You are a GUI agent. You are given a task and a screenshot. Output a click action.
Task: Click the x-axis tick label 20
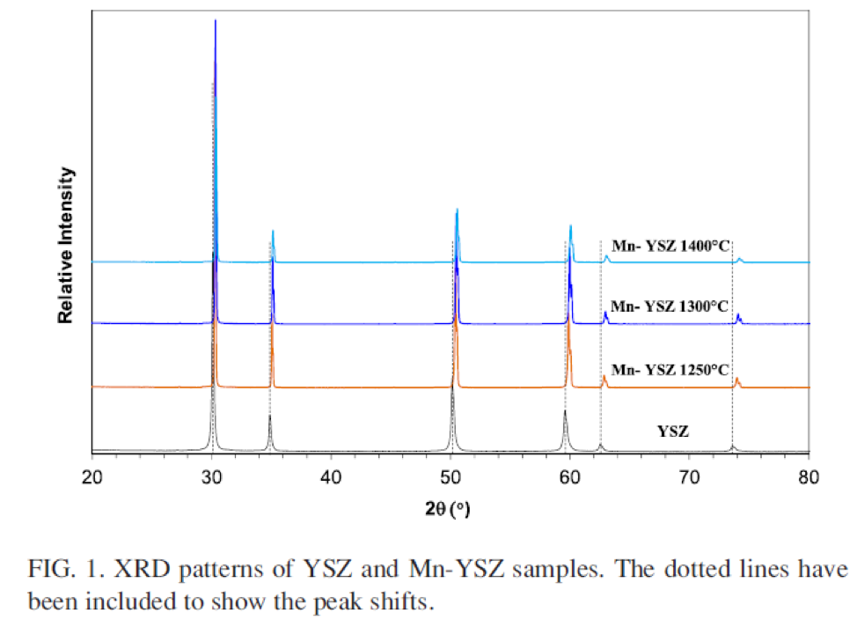click(92, 477)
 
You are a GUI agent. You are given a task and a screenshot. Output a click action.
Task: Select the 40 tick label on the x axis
click(331, 477)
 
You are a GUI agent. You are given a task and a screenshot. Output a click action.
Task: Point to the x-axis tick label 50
click(450, 477)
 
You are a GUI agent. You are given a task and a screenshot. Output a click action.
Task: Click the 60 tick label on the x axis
click(570, 477)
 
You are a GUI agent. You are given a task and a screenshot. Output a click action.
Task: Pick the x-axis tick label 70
click(689, 477)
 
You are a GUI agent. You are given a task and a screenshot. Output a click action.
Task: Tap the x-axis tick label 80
click(809, 477)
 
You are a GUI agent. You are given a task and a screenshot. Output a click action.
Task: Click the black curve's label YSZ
click(673, 432)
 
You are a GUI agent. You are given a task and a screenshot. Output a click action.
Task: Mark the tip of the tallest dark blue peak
click(216, 20)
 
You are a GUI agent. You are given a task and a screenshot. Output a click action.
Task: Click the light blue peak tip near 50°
click(457, 210)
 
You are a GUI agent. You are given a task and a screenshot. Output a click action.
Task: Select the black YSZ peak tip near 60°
click(565, 411)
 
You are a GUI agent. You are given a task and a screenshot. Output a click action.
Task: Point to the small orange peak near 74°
click(736, 379)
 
